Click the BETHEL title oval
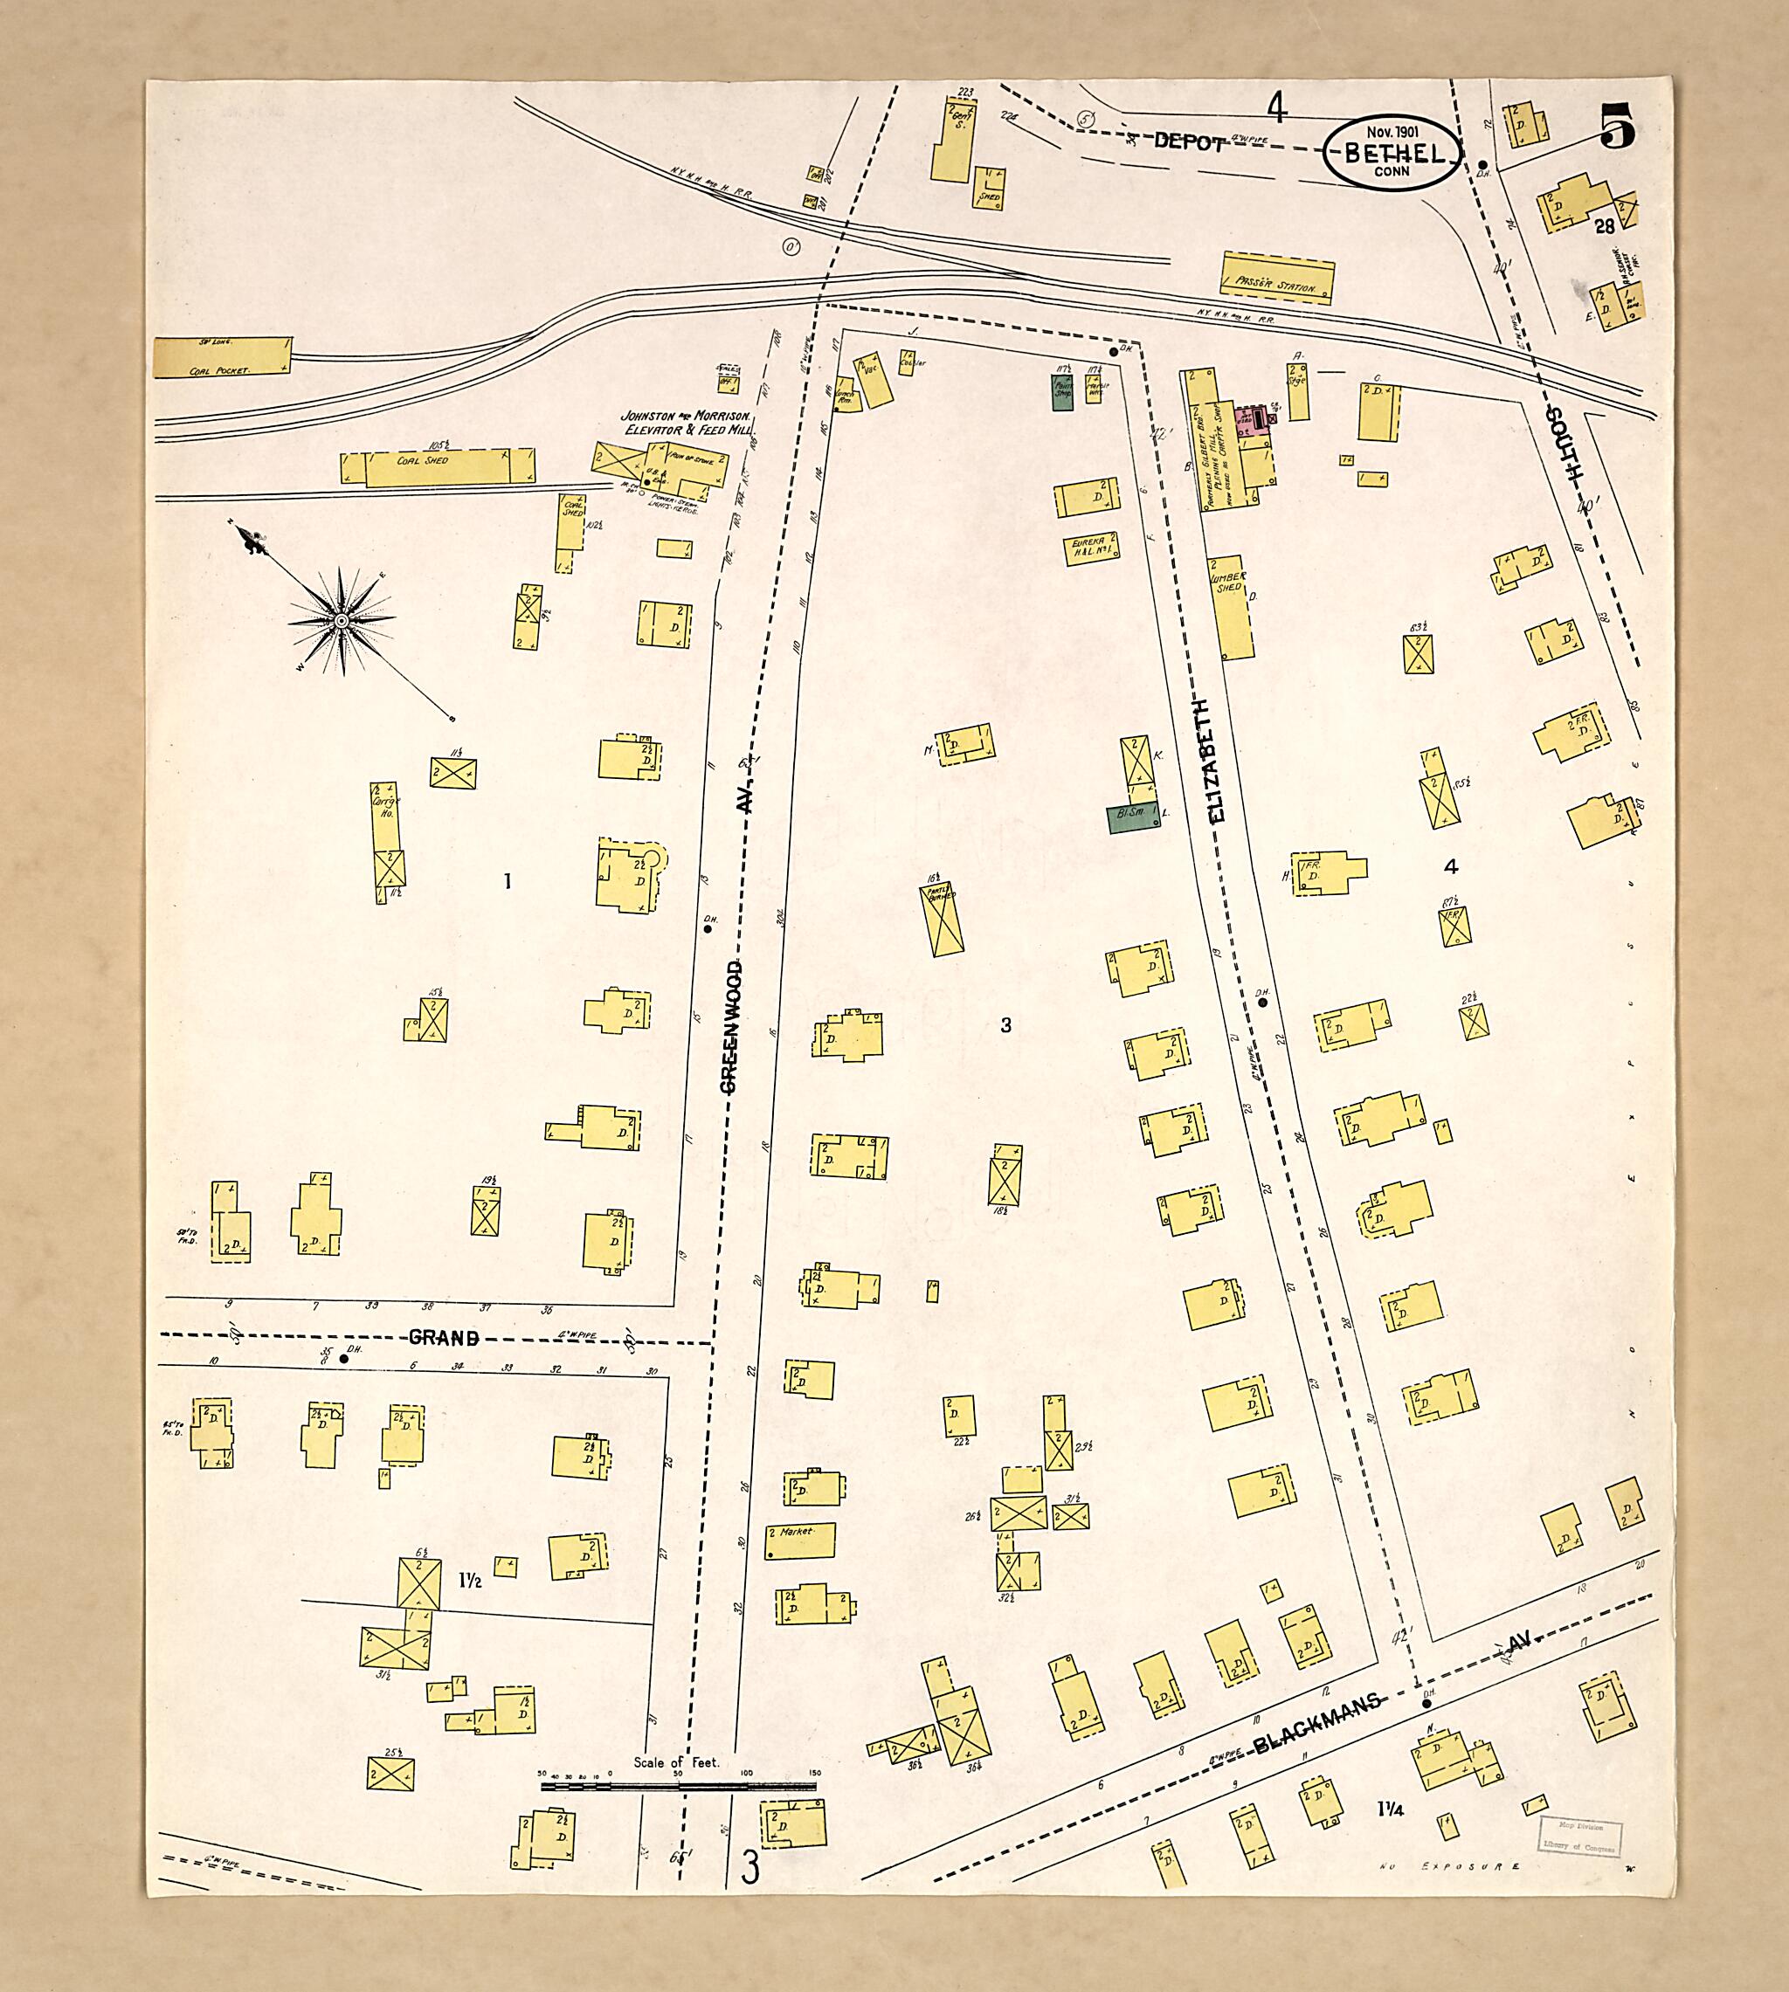[x=1391, y=152]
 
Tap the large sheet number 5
[x=1617, y=125]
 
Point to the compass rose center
[x=341, y=620]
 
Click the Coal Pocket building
[x=223, y=358]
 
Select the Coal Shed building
[x=438, y=468]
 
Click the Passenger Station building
[x=1277, y=277]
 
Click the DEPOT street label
[x=1190, y=142]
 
